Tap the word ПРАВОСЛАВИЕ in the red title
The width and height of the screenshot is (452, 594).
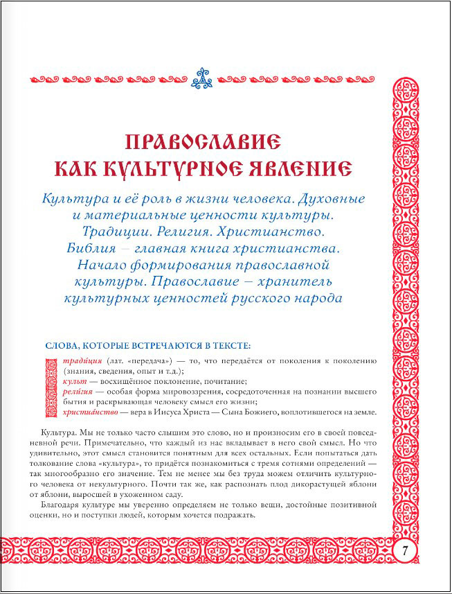(203, 142)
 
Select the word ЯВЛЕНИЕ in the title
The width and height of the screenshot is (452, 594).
(301, 168)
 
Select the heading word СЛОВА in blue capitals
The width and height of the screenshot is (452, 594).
(63, 344)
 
